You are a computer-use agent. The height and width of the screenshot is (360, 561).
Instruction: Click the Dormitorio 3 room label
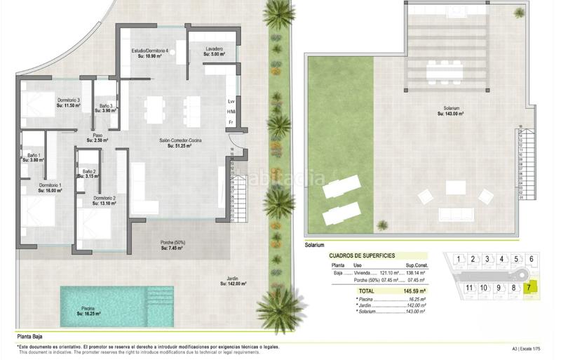(68, 100)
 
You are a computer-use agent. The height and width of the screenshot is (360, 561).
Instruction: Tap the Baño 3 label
(105, 105)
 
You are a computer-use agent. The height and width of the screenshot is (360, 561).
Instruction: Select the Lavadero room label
(215, 49)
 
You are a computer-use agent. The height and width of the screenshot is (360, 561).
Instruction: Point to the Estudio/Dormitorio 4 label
(150, 51)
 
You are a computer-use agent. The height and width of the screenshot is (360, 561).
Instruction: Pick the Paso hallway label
(98, 135)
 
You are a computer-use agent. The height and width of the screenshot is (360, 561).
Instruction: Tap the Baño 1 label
(34, 155)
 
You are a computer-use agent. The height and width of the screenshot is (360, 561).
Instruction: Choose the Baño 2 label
(88, 172)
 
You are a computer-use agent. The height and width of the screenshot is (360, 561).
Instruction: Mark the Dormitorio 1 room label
(50, 185)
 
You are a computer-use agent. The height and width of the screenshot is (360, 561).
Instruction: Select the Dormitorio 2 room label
(104, 199)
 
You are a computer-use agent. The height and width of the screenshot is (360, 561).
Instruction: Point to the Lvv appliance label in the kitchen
(231, 102)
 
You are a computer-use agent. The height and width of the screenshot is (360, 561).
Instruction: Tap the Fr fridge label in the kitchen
(230, 123)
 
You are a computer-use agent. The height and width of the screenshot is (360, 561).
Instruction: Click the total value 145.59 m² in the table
(413, 290)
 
